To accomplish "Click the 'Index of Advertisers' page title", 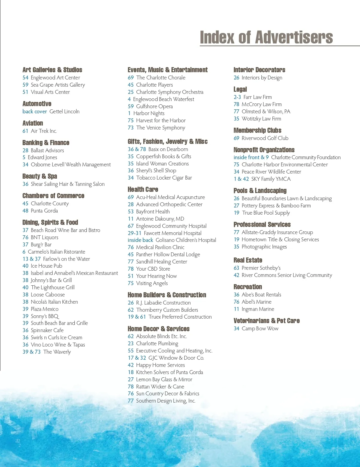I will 266,37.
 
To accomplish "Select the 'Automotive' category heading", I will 37,104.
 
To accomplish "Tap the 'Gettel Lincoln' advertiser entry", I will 64,112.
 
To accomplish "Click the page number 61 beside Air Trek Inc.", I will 25,131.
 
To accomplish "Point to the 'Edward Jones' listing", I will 42,157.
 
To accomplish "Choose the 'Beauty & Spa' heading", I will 40,176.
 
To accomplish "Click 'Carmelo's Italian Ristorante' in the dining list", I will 56,252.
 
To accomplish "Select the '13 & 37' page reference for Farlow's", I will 31,259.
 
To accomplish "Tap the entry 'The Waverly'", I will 57,352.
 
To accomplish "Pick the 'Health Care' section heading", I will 143,189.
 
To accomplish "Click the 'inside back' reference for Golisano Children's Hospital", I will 140,240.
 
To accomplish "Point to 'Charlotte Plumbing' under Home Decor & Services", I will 157,344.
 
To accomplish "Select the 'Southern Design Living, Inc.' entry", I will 166,401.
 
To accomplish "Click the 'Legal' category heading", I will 240,89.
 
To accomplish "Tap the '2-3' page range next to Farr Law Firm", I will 237,97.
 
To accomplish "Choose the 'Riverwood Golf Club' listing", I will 265,138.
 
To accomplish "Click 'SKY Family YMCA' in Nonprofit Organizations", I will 271,179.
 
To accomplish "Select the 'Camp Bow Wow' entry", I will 260,329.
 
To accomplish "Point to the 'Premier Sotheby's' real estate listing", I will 261,268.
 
